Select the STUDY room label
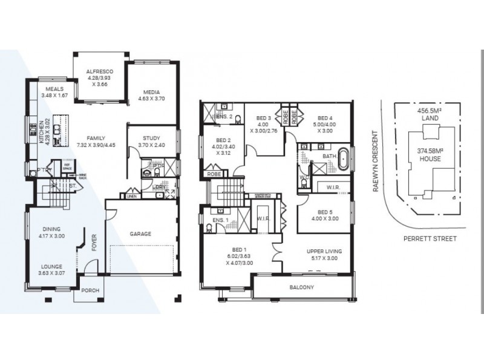[151, 139]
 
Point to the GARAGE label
[140, 234]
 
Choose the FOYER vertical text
[94, 243]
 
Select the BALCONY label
[301, 288]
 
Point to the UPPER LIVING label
[324, 250]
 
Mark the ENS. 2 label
[224, 116]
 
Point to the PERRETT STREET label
[430, 238]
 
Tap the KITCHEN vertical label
[42, 130]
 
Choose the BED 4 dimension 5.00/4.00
[325, 125]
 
